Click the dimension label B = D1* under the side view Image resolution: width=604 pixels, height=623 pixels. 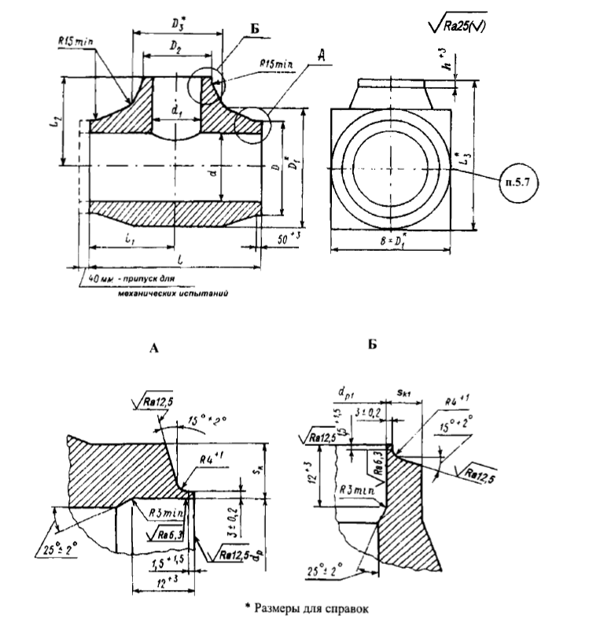(x=391, y=239)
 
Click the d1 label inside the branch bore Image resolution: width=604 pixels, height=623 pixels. (x=174, y=110)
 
